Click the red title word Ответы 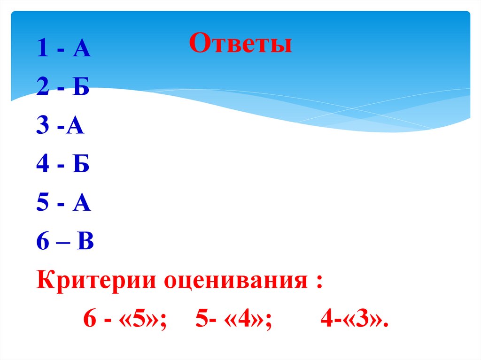tap(240, 45)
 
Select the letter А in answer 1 tap(81, 49)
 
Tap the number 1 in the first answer tap(42, 49)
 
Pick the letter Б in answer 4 tap(81, 166)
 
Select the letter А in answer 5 tap(81, 205)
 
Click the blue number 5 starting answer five tap(42, 205)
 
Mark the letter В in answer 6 tap(86, 244)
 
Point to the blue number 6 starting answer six tap(42, 244)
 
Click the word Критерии tap(96, 283)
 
